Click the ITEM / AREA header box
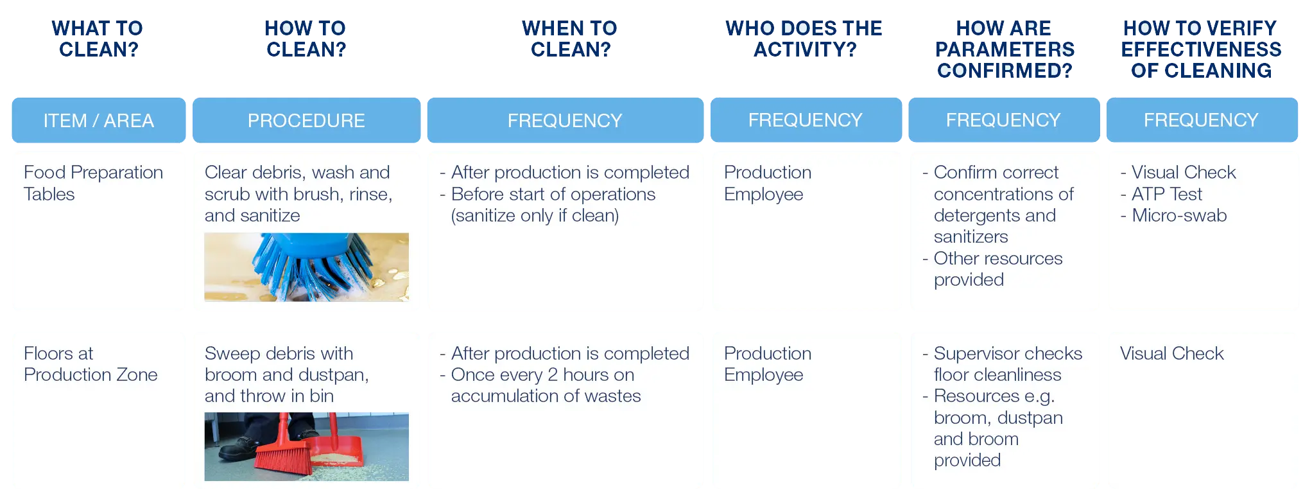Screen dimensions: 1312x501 click(99, 120)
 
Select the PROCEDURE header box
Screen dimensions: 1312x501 click(306, 120)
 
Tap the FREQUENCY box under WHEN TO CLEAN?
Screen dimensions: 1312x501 click(565, 120)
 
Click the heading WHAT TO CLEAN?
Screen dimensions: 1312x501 click(98, 39)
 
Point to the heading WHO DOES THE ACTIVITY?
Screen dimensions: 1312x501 click(804, 39)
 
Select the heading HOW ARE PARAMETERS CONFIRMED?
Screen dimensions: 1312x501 click(1005, 49)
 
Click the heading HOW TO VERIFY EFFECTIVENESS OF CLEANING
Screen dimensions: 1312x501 click(1201, 49)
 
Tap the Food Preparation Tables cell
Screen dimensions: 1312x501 click(93, 183)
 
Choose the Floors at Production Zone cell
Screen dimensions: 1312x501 click(91, 364)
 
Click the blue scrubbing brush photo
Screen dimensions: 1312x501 click(306, 267)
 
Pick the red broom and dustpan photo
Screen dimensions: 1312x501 click(306, 446)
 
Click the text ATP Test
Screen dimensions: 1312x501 click(1166, 194)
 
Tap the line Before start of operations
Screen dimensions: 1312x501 click(553, 194)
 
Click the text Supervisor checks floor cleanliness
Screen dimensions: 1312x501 click(1008, 364)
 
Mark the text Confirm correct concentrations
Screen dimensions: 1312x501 click(1003, 183)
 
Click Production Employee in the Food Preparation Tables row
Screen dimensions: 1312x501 click(768, 183)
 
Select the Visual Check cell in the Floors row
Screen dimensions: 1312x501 click(1171, 353)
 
